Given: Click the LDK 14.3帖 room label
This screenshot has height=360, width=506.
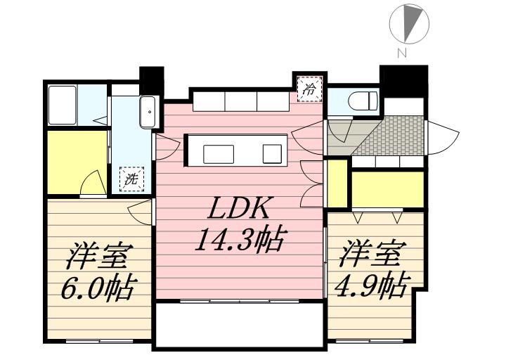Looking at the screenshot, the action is click(239, 224).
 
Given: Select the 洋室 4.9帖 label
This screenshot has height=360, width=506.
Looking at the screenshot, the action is click(371, 271).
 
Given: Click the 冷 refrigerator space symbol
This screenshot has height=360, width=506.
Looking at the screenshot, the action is click(309, 89).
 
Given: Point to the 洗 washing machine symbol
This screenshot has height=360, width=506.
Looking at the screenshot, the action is click(131, 180).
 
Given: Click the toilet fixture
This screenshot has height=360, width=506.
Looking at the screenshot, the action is click(363, 100).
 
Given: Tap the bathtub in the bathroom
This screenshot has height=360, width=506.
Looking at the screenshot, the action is click(62, 105).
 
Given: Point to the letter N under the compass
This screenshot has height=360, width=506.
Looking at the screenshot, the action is click(402, 53).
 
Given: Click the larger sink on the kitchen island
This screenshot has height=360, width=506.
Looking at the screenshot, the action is click(219, 154).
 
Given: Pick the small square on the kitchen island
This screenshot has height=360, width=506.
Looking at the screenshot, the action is click(272, 154).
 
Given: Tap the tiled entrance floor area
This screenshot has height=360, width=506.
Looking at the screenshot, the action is click(392, 135).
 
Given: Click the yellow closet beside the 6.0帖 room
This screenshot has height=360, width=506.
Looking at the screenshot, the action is click(77, 162).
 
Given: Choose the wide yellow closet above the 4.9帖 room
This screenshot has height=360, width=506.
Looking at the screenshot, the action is click(387, 190).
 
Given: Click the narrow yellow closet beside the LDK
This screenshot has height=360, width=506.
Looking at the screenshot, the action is click(337, 183).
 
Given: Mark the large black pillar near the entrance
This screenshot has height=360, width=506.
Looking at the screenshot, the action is click(403, 81).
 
